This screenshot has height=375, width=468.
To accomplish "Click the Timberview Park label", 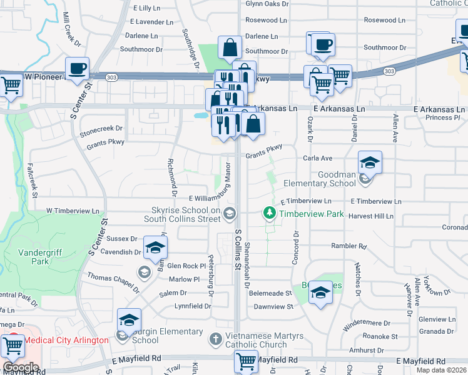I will (312, 214).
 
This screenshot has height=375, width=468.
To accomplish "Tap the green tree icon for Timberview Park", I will (270, 214).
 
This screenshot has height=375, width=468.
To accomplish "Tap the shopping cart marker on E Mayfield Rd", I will (245, 361).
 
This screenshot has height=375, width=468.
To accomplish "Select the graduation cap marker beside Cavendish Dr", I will (155, 247).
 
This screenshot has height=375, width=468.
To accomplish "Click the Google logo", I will (20, 367).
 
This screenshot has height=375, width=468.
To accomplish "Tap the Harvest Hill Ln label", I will (372, 216).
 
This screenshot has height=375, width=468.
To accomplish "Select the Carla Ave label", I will (318, 159).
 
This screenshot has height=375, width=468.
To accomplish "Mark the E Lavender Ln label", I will (153, 22).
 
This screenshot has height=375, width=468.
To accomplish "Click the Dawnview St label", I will (273, 307).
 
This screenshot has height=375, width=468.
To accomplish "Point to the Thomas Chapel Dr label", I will (113, 284).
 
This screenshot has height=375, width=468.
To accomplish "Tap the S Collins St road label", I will (238, 249).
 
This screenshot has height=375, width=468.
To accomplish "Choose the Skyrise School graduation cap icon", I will (230, 214).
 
